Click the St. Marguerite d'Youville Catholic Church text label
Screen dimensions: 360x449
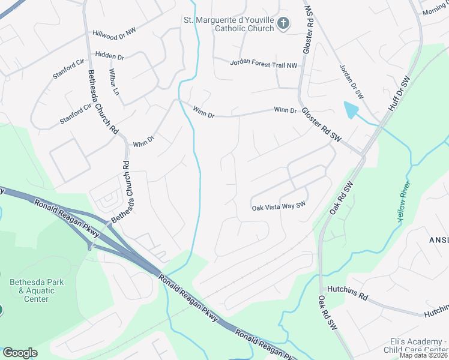pos(229,24)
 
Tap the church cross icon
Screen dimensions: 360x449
pos(284,24)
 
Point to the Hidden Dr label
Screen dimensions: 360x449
pos(109,56)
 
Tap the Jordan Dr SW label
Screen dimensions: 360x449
pos(351,82)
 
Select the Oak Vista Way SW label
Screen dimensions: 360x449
pos(279,206)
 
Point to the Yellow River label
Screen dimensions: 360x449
pos(403,203)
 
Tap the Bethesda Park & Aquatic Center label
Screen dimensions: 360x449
pos(36,290)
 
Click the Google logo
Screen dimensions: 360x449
pos(20,352)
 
